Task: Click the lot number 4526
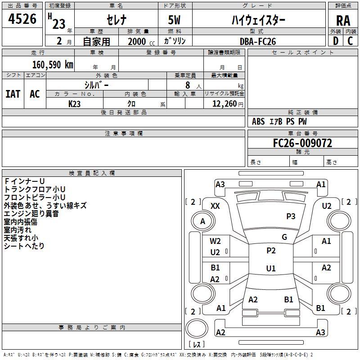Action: pos(22,18)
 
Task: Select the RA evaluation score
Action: pos(343,21)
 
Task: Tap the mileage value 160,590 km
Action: pos(53,64)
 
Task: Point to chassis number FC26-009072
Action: pos(302,143)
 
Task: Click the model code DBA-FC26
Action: pos(257,41)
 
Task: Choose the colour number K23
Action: pos(74,104)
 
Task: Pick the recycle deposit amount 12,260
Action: pos(225,103)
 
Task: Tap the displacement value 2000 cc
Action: pos(141,41)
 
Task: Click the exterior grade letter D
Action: pos(336,41)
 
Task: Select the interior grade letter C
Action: pos(350,41)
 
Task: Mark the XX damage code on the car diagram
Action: pos(215,206)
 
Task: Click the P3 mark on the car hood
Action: pos(291,216)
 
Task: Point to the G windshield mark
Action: pos(284,237)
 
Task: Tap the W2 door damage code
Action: pos(215,241)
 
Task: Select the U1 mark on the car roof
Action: pos(271,268)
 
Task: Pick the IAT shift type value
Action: pos(13,94)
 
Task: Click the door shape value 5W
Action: pos(174,20)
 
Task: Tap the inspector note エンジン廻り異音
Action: pos(31,213)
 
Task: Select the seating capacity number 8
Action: pos(188,85)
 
